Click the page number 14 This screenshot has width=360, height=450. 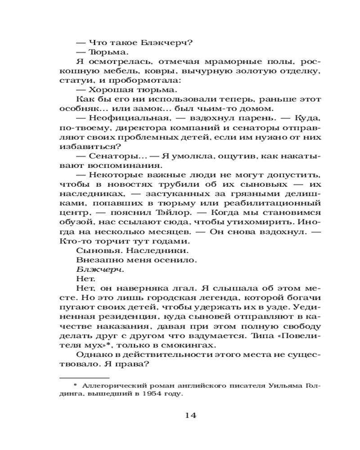click(x=191, y=415)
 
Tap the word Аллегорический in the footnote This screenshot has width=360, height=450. click(x=106, y=385)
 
